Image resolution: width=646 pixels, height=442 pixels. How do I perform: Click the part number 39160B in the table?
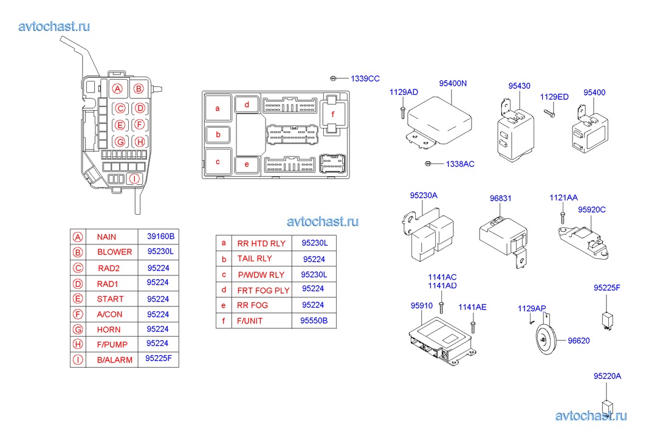(160, 236)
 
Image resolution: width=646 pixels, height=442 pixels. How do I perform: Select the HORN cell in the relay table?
(109, 330)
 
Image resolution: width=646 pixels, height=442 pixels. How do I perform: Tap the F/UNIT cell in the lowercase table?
(250, 320)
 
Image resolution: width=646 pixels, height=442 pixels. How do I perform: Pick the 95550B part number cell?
(314, 320)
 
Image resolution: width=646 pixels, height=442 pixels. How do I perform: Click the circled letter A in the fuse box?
(118, 89)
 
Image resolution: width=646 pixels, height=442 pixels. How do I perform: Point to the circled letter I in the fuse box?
(135, 179)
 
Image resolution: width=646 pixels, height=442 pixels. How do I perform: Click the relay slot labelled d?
(247, 105)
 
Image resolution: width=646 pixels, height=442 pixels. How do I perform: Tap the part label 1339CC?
(365, 78)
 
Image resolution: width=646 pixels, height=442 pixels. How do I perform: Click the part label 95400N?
(453, 83)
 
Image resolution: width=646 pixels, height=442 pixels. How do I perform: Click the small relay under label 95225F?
(607, 318)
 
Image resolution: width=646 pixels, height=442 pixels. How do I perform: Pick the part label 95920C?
(591, 210)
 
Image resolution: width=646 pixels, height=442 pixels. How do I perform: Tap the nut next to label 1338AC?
(428, 164)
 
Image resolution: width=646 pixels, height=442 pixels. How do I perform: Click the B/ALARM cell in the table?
(114, 360)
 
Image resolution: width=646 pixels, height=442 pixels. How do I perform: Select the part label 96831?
(501, 198)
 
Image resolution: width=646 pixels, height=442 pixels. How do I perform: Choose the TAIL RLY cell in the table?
(255, 258)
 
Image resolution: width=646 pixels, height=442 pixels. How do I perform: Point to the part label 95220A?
(607, 376)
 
